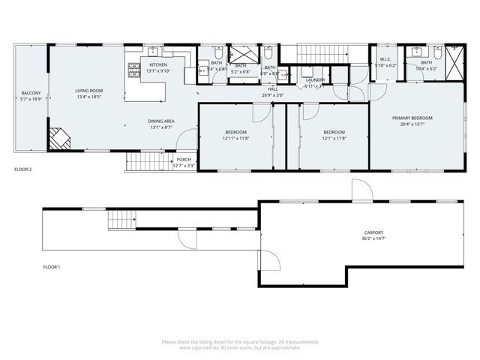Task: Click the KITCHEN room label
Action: click(157, 65)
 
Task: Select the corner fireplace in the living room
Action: click(58, 138)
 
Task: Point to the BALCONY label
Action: click(31, 94)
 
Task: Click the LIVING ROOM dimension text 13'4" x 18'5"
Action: click(88, 97)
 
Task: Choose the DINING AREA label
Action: click(161, 121)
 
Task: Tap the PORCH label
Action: click(184, 160)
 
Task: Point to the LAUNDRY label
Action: click(314, 80)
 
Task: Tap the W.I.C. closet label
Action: click(385, 60)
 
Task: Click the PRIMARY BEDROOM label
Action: click(412, 118)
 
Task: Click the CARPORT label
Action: click(373, 232)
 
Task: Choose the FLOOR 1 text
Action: click(51, 267)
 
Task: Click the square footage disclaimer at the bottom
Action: click(240, 344)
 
